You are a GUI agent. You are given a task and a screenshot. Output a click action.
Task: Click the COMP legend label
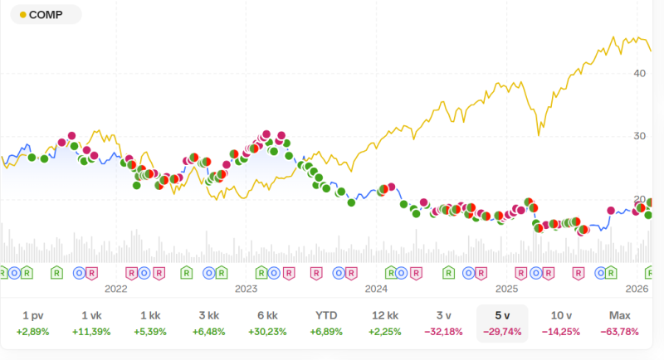point(48,15)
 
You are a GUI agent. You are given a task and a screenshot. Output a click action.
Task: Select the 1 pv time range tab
point(33,316)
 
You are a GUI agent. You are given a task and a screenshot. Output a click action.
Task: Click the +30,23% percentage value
point(267,332)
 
